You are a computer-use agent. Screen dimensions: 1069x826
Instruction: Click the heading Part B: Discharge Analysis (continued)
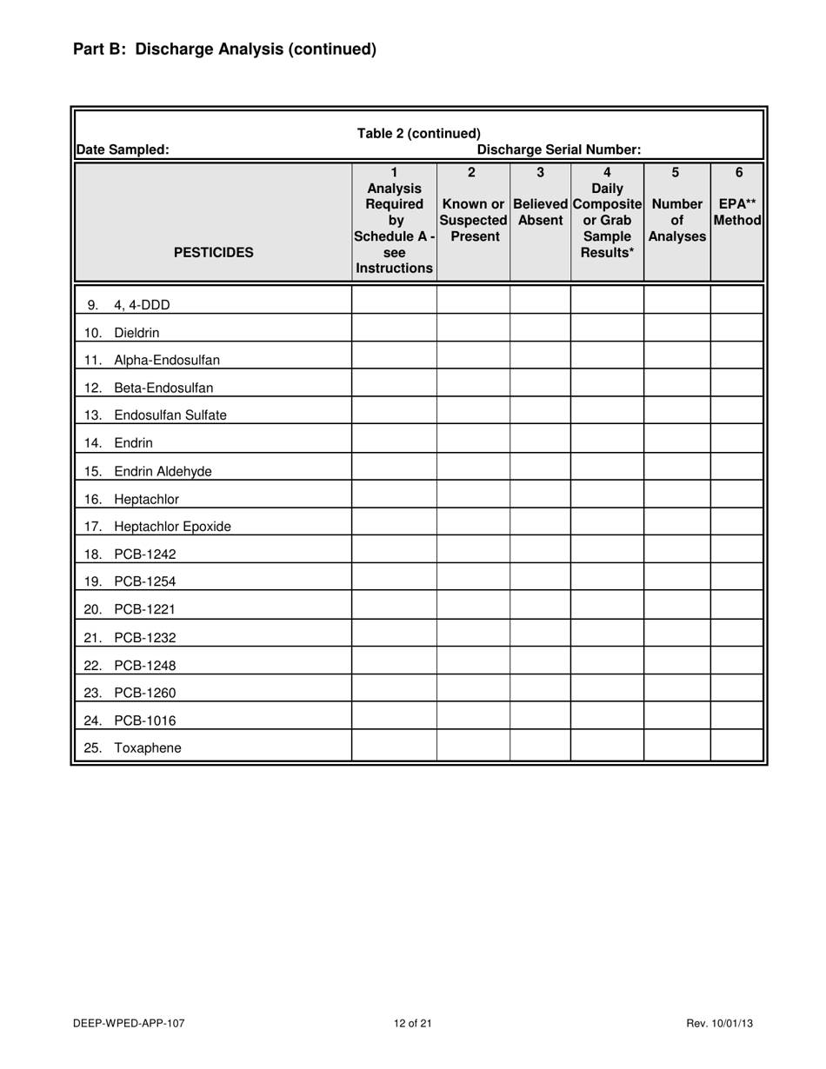(224, 50)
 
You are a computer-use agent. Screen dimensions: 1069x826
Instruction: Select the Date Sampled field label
(123, 149)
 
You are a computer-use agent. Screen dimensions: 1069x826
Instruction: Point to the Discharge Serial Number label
(559, 149)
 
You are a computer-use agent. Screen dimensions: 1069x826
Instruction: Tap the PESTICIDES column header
(214, 253)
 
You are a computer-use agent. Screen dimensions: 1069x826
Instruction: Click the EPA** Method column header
(738, 209)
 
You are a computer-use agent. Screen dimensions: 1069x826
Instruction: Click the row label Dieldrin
(137, 333)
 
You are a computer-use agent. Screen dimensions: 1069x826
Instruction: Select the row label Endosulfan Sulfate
(170, 415)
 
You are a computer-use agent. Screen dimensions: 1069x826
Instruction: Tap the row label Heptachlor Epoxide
(172, 527)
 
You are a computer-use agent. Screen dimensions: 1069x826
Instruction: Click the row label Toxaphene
(148, 748)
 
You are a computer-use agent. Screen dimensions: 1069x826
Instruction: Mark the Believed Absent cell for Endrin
(540, 443)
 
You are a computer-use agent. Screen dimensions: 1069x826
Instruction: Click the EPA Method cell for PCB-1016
(736, 720)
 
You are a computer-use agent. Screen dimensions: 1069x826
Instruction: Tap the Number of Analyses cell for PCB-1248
(676, 665)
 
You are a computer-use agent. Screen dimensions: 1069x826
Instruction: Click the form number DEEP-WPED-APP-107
(129, 1024)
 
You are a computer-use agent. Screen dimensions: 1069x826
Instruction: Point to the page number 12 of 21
(412, 1024)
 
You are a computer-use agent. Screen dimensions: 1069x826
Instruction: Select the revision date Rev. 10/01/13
(719, 1024)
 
